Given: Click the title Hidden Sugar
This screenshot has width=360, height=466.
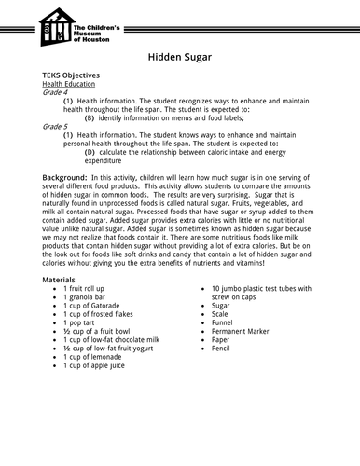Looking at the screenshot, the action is (180, 57).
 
